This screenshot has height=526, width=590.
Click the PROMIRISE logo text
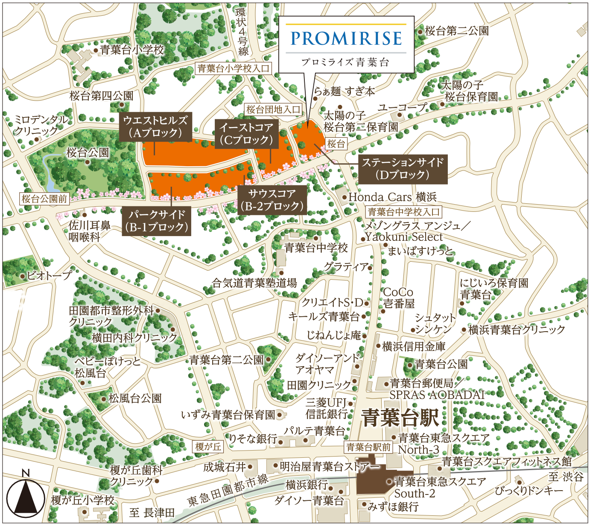(346, 38)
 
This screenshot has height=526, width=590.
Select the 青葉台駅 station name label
(400, 417)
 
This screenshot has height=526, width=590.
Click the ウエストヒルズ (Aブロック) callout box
(155, 127)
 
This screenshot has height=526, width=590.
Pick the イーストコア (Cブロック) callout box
(246, 133)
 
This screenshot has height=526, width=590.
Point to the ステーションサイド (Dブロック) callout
(403, 169)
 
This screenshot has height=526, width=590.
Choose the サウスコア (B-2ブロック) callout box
(272, 200)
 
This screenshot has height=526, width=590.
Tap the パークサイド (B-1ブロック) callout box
(157, 221)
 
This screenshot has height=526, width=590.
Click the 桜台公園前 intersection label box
(44, 199)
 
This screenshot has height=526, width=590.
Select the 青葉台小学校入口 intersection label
(234, 68)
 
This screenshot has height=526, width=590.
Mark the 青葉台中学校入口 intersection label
(403, 212)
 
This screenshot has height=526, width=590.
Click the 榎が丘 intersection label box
(208, 446)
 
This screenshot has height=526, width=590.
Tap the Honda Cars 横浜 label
(392, 197)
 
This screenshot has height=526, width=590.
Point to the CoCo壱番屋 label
(398, 298)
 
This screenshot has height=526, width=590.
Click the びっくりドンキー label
(529, 491)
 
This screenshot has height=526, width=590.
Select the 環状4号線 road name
(242, 32)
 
